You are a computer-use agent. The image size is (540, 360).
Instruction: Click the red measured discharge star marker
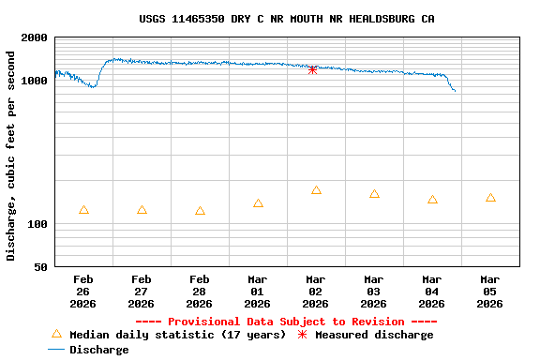313,69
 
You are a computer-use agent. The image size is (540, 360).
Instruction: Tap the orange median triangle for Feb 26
84,210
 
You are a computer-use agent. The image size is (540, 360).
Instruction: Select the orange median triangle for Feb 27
142,210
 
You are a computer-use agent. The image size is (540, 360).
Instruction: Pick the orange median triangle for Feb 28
200,211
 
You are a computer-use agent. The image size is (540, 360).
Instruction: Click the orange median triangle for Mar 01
258,203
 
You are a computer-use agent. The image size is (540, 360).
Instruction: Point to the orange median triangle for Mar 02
316,190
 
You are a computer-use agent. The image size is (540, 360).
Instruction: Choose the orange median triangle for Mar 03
374,194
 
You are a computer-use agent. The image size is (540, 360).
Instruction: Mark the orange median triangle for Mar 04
432,200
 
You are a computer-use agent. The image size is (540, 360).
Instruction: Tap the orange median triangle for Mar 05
490,198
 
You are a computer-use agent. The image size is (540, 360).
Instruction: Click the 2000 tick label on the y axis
35,38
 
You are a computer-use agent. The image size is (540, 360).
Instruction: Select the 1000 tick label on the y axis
35,82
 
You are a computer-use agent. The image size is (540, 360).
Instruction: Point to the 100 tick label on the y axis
37,225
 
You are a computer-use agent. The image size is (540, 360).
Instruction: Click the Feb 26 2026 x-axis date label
83,291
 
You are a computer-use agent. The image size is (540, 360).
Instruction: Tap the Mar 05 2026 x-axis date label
489,291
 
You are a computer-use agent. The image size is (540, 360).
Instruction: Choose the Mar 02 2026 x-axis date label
315,291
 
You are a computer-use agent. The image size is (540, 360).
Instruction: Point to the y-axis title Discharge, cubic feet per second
11,156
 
